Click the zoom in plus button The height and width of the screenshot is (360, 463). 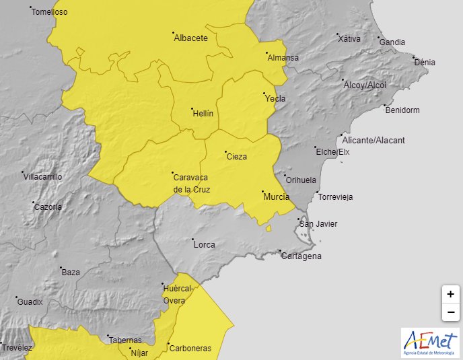pyautogui.click(x=450, y=294)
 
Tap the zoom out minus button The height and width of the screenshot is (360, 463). pyautogui.click(x=450, y=312)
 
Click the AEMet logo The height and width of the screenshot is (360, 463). pyautogui.click(x=430, y=343)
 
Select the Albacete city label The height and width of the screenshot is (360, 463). pyautogui.click(x=190, y=38)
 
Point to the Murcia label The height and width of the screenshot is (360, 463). pyautogui.click(x=277, y=196)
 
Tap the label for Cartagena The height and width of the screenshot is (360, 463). pyautogui.click(x=301, y=256)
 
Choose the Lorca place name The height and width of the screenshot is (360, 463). pyautogui.click(x=204, y=245)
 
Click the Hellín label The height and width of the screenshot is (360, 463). pyautogui.click(x=203, y=113)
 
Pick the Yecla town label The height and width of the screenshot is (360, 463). pyautogui.click(x=275, y=99)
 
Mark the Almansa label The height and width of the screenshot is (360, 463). pyautogui.click(x=283, y=58)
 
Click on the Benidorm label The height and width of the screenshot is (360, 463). pyautogui.click(x=402, y=110)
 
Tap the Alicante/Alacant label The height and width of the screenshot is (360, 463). pyautogui.click(x=373, y=141)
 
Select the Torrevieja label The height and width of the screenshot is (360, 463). pyautogui.click(x=335, y=197)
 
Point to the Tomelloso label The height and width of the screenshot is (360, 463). pyautogui.click(x=50, y=12)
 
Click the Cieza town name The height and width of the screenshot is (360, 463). pyautogui.click(x=237, y=157)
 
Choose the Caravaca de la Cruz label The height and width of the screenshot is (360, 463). pyautogui.click(x=192, y=183)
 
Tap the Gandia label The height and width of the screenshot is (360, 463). pyautogui.click(x=392, y=42)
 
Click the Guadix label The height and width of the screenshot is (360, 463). pyautogui.click(x=30, y=302)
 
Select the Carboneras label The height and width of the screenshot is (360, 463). pyautogui.click(x=190, y=349)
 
